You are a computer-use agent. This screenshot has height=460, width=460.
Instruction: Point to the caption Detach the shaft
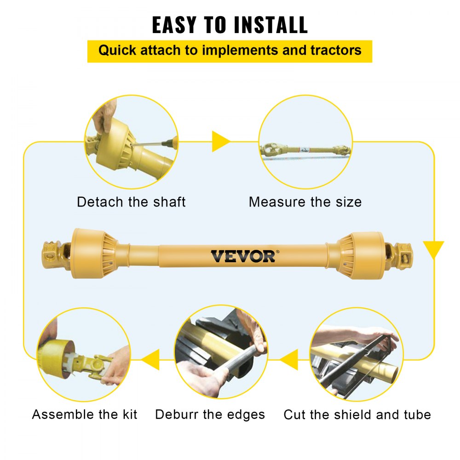[131, 202]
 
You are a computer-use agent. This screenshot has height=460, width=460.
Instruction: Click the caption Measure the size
[305, 202]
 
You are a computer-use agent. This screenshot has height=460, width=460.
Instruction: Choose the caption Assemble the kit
[85, 414]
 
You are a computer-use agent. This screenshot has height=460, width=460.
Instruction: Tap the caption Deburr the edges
[210, 414]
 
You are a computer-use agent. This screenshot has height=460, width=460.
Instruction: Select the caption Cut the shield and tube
[357, 414]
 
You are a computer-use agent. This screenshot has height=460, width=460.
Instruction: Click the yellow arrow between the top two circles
[220, 142]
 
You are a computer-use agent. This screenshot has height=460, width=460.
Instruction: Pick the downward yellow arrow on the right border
[433, 249]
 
